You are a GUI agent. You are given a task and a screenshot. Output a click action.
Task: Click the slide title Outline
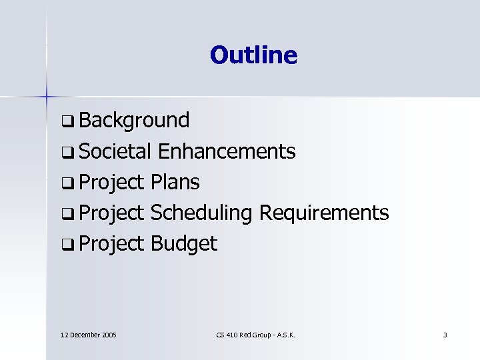click(253, 55)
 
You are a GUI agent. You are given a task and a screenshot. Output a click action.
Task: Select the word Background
click(133, 121)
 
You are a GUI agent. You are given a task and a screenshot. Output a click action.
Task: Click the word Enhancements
click(227, 152)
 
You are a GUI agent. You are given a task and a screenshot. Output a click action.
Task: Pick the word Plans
click(175, 182)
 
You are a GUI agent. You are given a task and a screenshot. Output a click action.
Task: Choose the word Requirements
click(323, 213)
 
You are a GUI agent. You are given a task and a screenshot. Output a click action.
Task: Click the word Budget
click(184, 244)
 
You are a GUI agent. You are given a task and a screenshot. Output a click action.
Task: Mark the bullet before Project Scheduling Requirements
click(67, 214)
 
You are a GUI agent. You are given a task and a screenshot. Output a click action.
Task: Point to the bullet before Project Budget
click(67, 245)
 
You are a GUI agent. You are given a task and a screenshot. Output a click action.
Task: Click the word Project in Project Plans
click(112, 183)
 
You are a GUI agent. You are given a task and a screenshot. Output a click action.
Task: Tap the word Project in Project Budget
click(112, 244)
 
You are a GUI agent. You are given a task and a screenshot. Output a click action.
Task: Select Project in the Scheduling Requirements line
click(112, 213)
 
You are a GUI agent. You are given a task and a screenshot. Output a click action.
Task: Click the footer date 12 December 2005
click(88, 334)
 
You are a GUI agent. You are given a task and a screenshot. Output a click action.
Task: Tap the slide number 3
click(445, 334)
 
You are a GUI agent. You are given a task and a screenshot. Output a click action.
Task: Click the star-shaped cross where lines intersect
click(47, 96)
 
